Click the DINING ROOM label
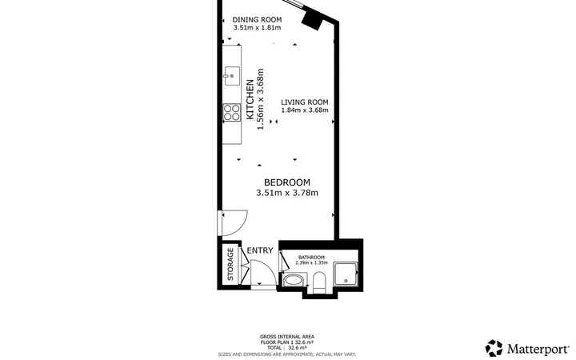pos(257,19)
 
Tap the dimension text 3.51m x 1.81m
pos(257,27)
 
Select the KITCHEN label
pos(250,99)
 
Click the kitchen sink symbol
pos(232,76)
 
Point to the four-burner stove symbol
pos(232,113)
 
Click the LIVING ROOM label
pos(305,102)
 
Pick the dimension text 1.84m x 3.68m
pos(305,110)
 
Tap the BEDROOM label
pos(287,182)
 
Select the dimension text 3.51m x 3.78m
pos(287,193)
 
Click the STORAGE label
pos(230,264)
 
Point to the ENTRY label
pos(260,250)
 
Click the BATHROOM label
pos(311,258)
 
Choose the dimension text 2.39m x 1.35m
pos(311,262)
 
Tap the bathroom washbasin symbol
pos(294,281)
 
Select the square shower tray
pos(345,274)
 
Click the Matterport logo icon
pos(494,348)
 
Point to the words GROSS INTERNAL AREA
pos(287,337)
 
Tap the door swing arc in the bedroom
pos(242,227)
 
